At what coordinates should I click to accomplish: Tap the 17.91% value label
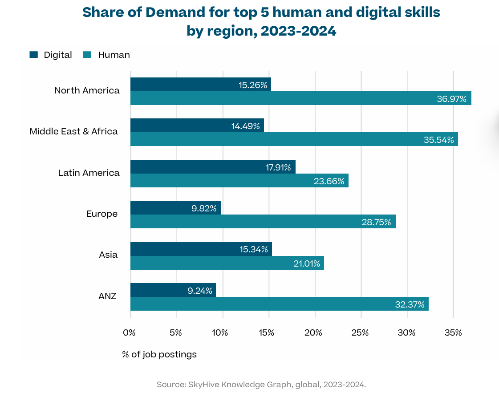coord(279,167)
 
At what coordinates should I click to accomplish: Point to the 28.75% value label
coord(376,222)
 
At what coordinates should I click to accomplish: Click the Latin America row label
coord(89,173)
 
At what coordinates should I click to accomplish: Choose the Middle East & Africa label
coord(74,131)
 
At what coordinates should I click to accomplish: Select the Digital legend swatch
coord(34,55)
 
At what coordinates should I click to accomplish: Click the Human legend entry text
coord(114,55)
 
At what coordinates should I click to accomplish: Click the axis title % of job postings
coord(159,355)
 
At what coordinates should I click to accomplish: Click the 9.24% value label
coord(199,291)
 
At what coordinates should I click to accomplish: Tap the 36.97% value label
coord(451,99)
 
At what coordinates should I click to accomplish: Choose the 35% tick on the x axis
coord(452,332)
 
